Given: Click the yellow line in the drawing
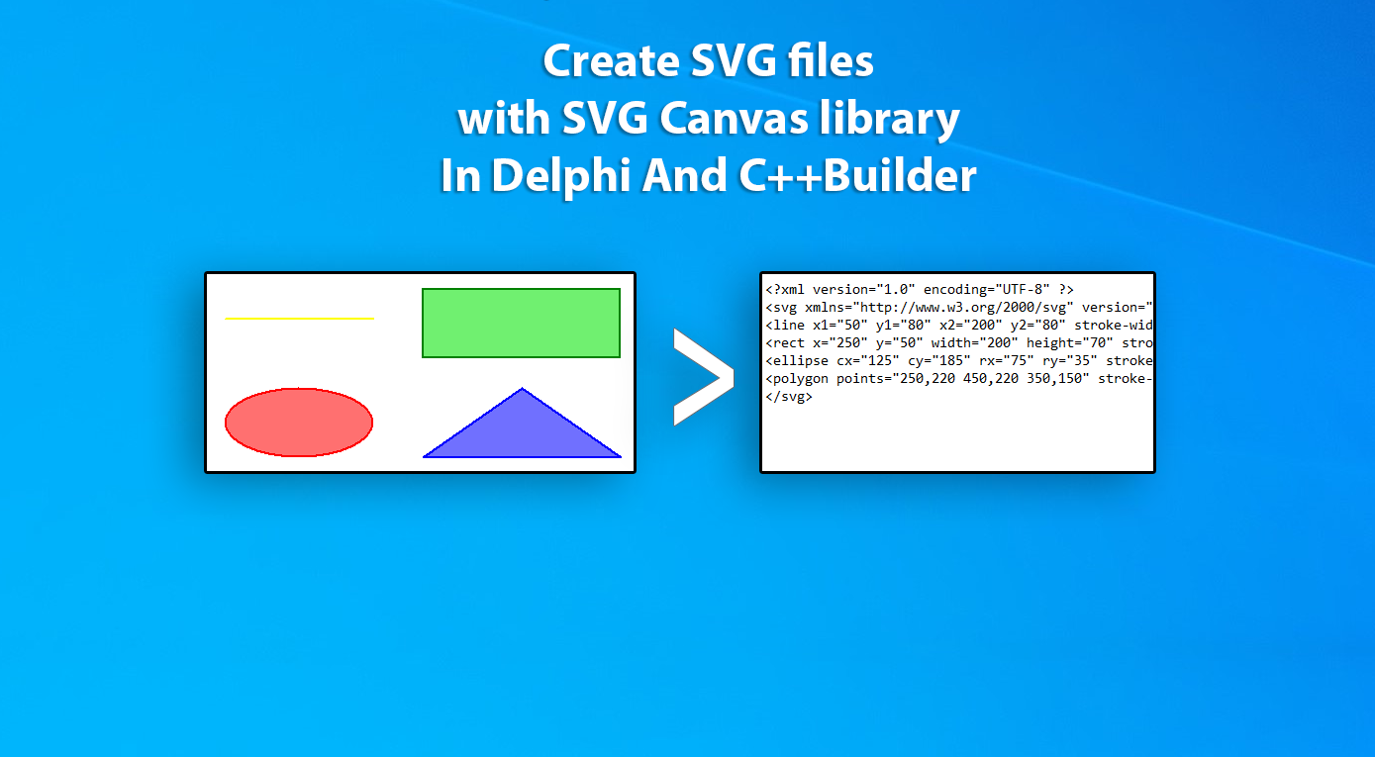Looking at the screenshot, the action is pyautogui.click(x=300, y=319).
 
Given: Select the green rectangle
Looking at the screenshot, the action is pyautogui.click(x=521, y=323).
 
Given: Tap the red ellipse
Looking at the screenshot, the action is pyautogui.click(x=299, y=423).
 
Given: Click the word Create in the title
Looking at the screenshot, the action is pyautogui.click(x=611, y=61).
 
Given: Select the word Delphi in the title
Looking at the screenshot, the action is pyautogui.click(x=561, y=176).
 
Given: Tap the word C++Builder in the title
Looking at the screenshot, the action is pyautogui.click(x=857, y=175).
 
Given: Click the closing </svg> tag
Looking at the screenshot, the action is pyautogui.click(x=789, y=397).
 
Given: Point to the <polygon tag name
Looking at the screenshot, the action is pyautogui.click(x=797, y=379).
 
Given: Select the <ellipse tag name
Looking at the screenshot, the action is pyautogui.click(x=797, y=361).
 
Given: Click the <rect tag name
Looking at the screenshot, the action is pyautogui.click(x=785, y=343).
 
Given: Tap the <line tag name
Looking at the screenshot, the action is pyautogui.click(x=785, y=326).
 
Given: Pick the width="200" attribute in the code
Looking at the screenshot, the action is pyautogui.click(x=975, y=343).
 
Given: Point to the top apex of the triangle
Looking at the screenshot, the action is pyautogui.click(x=523, y=388).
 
